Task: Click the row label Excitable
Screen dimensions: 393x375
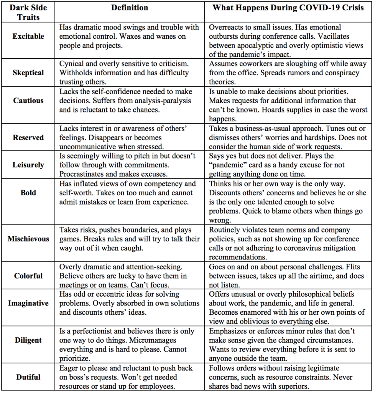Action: point(28,36)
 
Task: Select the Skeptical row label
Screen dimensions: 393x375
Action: point(28,73)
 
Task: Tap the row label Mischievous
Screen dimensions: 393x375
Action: point(28,239)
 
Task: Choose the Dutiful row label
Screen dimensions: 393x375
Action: point(28,377)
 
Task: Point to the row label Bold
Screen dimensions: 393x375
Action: point(28,193)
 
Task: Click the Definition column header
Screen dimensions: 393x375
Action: point(130,8)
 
